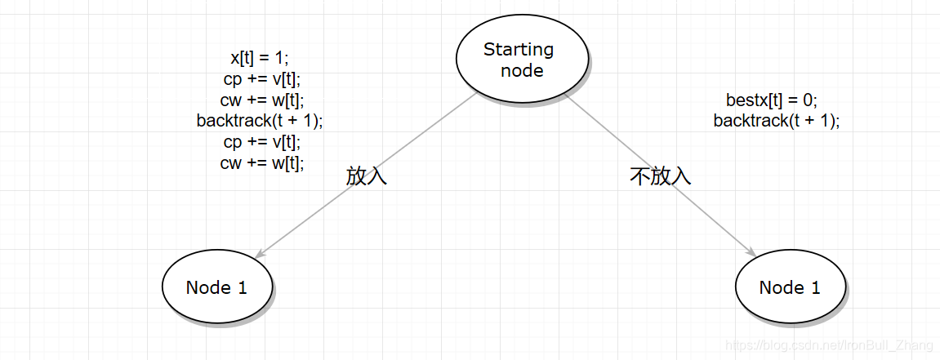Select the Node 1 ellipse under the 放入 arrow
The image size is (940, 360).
tap(216, 287)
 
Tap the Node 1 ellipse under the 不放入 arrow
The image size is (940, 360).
tap(790, 287)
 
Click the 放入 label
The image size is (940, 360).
tap(367, 176)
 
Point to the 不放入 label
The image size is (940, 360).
tap(661, 176)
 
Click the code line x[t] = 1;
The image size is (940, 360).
tap(260, 58)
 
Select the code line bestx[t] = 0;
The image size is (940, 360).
tap(772, 100)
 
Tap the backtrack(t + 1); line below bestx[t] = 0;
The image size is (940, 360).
tap(777, 121)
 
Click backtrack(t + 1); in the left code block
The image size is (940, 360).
tap(260, 121)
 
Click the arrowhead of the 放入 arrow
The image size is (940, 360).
tap(260, 254)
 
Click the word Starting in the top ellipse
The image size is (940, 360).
tap(519, 50)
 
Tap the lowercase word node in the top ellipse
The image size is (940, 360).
tap(522, 70)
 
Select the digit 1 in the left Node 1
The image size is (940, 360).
tap(242, 287)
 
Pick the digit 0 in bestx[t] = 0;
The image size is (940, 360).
tap(808, 100)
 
